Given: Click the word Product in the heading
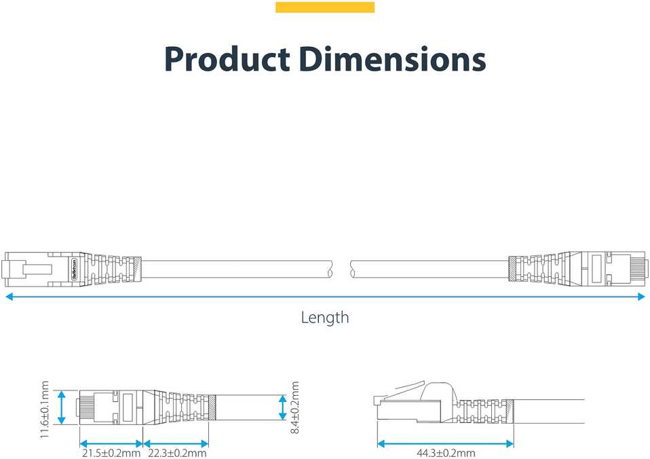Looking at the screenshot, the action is (x=227, y=59).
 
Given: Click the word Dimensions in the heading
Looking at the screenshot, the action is (x=392, y=59).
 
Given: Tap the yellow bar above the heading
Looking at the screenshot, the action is (x=325, y=7).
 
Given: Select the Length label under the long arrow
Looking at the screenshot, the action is (x=325, y=318).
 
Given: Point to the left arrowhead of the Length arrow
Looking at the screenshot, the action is (x=8, y=296).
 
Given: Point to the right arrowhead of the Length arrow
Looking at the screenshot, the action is (x=641, y=296).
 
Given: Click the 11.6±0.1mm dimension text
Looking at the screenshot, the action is (x=45, y=409).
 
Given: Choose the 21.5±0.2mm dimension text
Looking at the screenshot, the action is (x=111, y=453).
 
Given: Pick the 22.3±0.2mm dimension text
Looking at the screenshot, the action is (x=177, y=453).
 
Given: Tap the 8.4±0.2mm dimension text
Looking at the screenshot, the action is (x=294, y=408).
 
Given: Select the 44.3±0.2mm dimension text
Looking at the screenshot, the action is (x=446, y=453).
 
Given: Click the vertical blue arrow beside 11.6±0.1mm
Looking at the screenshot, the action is (x=62, y=407).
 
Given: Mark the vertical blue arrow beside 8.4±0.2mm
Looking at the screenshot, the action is (x=283, y=407).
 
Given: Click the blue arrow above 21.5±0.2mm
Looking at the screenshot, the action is (x=111, y=443).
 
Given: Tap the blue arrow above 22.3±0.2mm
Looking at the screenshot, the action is (x=176, y=443).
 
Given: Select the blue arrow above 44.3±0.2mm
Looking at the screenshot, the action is (x=446, y=443).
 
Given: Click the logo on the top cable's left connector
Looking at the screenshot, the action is (x=75, y=269).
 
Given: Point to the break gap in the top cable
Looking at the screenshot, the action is (x=341, y=269).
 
